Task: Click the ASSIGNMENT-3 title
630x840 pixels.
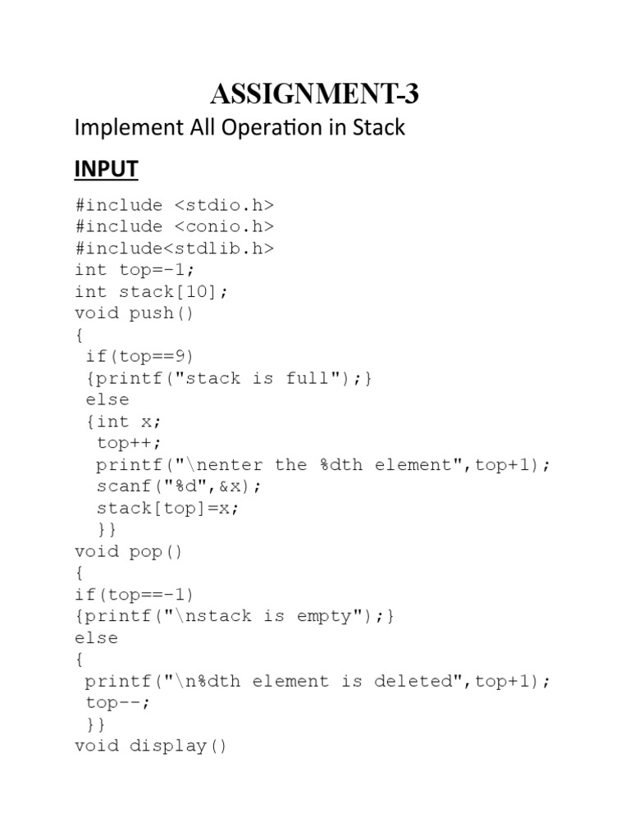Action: (x=314, y=95)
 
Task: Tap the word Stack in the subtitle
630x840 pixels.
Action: (x=377, y=128)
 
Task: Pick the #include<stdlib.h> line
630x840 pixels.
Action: (x=174, y=248)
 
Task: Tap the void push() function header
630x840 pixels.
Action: (x=135, y=313)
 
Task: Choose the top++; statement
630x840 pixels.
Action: (x=124, y=443)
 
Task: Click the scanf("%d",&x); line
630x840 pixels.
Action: (x=179, y=486)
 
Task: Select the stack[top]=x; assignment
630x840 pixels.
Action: (x=167, y=508)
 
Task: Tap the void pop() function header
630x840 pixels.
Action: (x=129, y=551)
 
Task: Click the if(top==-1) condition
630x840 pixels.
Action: (x=135, y=595)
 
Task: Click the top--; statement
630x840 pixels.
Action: (x=118, y=703)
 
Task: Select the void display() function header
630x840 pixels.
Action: (x=151, y=746)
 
